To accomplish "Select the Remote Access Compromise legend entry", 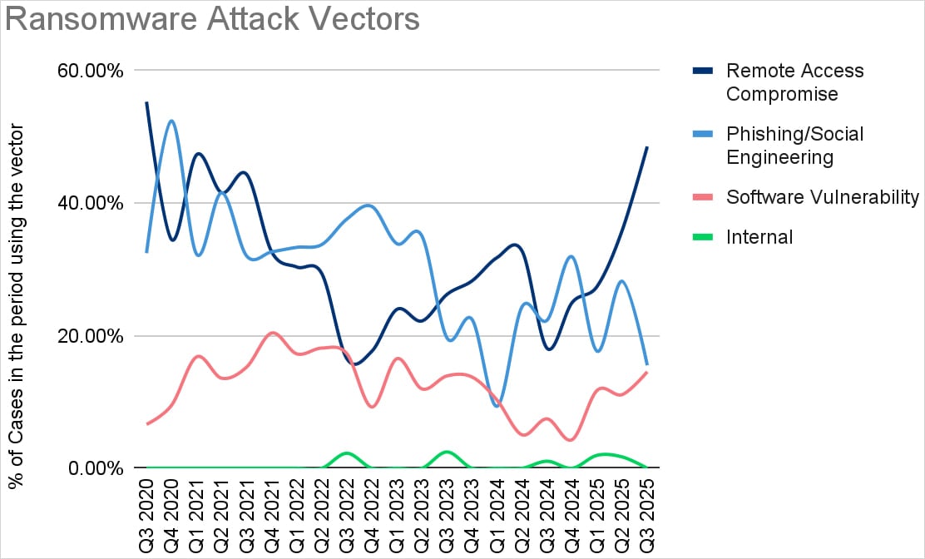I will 794,82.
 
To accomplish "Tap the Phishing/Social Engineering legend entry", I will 794,145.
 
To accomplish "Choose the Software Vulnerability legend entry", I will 822,197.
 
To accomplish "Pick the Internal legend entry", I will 759,237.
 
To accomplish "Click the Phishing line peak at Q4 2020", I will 171,121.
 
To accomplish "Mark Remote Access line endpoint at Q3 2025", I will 646,147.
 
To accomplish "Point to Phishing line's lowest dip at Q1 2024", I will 497,406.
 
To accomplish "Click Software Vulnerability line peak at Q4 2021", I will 272,333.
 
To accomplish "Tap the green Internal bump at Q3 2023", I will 447,452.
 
